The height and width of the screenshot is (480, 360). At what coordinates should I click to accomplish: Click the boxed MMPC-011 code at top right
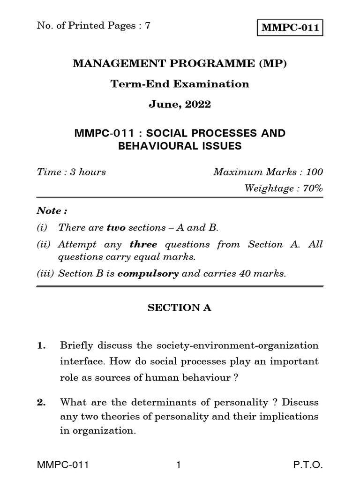point(290,28)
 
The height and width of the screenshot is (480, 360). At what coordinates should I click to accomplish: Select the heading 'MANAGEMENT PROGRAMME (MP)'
point(180,63)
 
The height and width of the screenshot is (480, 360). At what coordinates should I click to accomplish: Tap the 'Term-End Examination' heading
point(180,84)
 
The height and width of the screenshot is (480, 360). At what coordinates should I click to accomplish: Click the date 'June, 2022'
point(180,105)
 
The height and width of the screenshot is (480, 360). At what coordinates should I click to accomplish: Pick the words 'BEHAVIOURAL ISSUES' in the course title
point(180,146)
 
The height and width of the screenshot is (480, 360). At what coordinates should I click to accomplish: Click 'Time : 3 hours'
point(71,172)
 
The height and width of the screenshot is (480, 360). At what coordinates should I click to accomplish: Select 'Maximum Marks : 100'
point(268,172)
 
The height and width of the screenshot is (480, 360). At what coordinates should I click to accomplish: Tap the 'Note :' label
point(49,210)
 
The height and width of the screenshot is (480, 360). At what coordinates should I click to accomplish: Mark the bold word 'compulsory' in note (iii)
point(148,274)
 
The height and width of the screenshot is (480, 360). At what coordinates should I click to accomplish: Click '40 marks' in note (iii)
point(265,274)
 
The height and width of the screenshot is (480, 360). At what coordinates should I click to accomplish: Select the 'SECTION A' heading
point(180,308)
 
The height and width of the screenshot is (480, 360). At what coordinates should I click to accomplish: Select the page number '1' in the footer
point(178,465)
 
